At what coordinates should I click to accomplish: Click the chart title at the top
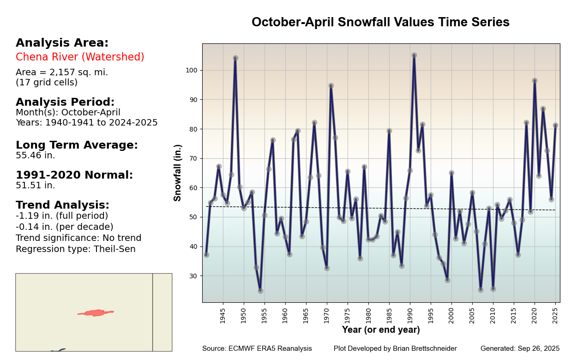pos(380,22)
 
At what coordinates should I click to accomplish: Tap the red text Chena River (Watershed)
pos(80,57)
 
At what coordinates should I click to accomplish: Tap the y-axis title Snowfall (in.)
pos(178,173)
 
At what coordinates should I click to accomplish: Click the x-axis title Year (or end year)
pos(381,330)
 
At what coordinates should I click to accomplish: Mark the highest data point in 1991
pos(414,55)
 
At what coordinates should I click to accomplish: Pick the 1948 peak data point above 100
pos(235,58)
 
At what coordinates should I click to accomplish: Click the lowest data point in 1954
pos(260,291)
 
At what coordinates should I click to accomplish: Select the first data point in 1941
pos(206,255)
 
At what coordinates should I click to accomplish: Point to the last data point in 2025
pos(555,126)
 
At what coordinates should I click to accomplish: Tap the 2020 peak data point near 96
pos(535,80)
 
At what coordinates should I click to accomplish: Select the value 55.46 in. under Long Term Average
pos(36,156)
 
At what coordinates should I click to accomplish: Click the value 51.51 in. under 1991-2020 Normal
pos(36,186)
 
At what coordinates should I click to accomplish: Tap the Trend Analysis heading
pos(62,205)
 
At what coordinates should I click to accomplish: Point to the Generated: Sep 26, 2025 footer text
pos(520,349)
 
